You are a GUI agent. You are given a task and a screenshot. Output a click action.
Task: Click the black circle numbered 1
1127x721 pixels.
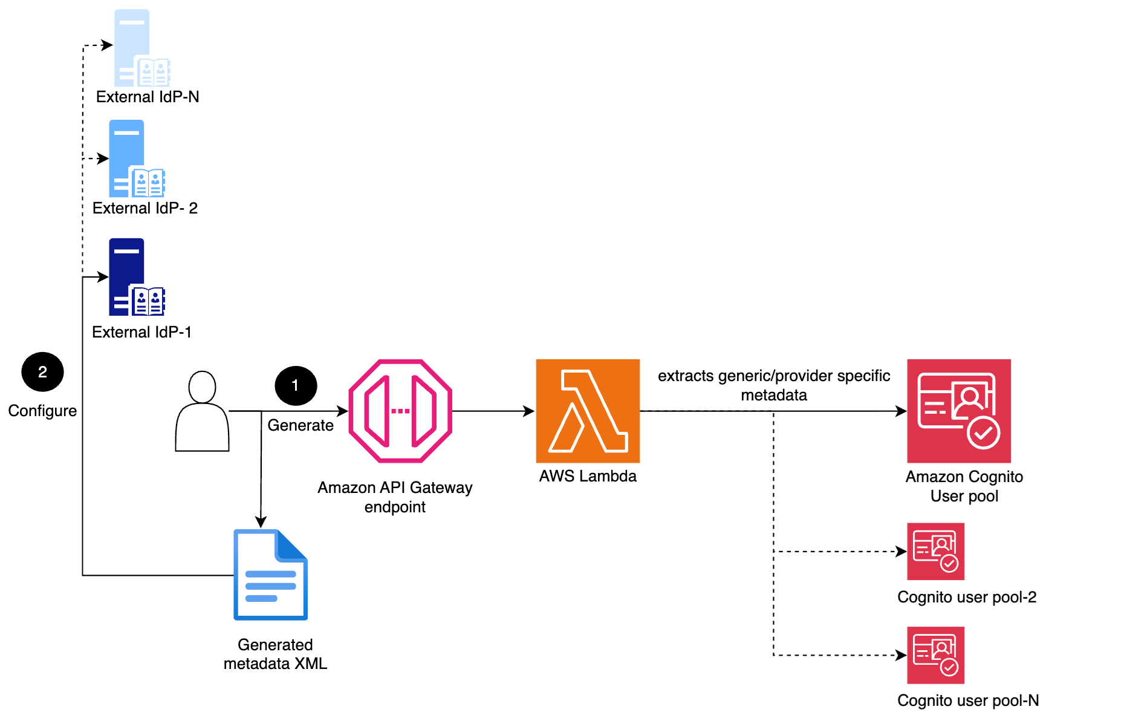click(296, 385)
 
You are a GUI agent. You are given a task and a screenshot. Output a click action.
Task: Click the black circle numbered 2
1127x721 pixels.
click(42, 371)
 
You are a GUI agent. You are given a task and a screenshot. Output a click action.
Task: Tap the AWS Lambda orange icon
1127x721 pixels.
click(588, 411)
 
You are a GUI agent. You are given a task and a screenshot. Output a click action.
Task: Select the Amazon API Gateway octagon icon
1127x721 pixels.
click(400, 411)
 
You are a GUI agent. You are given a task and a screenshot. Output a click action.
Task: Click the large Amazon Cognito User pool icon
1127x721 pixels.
click(958, 411)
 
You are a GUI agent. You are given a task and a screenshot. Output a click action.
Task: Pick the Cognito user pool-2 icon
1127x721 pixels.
click(935, 551)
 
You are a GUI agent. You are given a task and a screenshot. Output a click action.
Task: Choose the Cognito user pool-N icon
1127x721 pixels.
click(935, 655)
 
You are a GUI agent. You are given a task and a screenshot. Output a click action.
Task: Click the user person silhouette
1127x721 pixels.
click(202, 411)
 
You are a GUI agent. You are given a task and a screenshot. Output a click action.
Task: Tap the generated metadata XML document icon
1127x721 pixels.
click(270, 575)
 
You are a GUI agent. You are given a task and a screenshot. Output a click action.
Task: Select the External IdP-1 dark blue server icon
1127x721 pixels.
click(136, 278)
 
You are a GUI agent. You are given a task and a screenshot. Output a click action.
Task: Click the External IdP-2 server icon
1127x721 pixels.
click(136, 159)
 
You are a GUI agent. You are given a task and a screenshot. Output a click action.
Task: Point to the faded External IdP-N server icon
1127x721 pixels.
click(141, 48)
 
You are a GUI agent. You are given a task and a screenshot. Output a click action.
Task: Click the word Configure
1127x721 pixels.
click(42, 411)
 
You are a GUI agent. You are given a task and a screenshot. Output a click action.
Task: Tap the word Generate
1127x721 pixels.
click(300, 425)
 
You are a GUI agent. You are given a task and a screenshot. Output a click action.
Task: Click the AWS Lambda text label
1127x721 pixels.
click(588, 476)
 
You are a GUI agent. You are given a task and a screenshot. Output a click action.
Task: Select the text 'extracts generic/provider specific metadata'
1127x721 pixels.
click(774, 385)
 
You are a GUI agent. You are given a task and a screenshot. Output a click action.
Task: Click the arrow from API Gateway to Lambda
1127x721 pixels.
click(493, 411)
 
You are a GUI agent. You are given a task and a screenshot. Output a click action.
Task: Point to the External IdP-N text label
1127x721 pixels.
click(148, 97)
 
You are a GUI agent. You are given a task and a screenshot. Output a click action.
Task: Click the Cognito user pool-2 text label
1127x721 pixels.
click(967, 597)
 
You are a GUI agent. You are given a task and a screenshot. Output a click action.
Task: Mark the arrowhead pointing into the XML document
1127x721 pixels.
click(261, 522)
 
